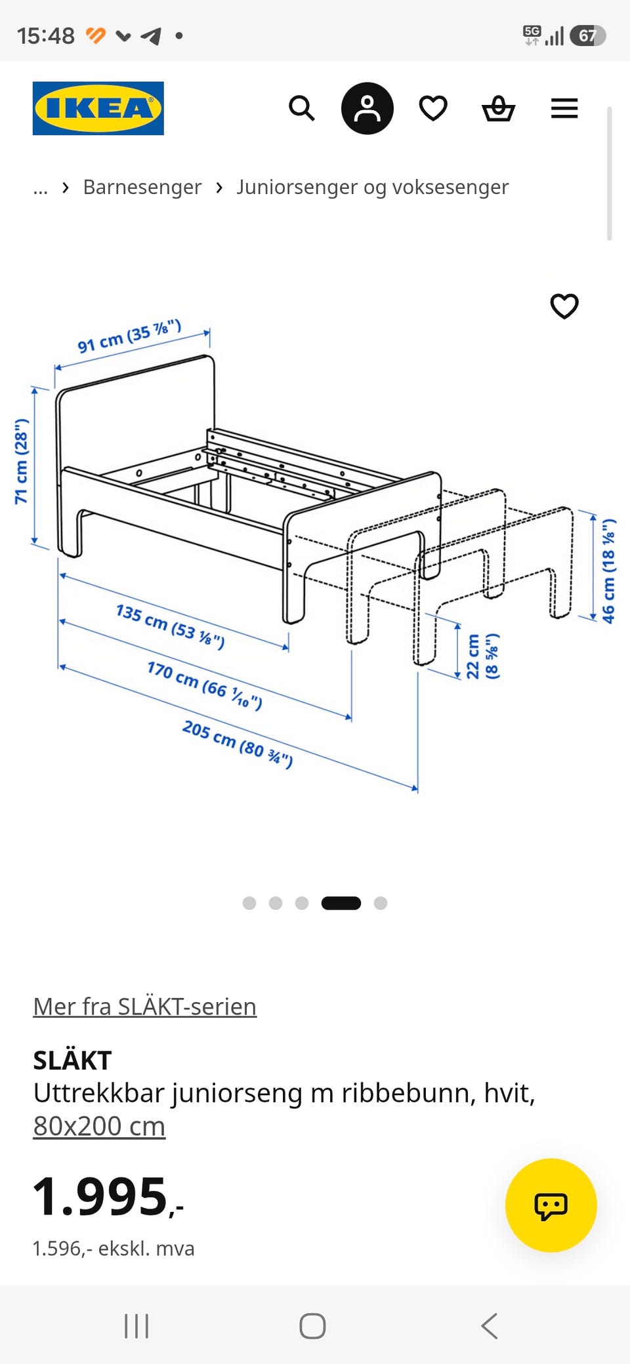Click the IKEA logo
tap(98, 108)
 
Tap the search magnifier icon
tap(302, 108)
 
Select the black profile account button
tap(367, 108)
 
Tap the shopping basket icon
tap(499, 108)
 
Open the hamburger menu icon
tap(564, 108)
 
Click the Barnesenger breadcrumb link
tap(142, 188)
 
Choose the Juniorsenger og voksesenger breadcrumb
tap(373, 188)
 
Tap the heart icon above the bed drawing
tap(564, 306)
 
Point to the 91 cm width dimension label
tap(129, 336)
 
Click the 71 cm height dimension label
tap(22, 461)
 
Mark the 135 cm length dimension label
tap(171, 626)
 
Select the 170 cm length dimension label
tap(205, 685)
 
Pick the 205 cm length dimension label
tap(238, 744)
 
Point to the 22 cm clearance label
tap(482, 656)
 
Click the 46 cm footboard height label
tap(609, 571)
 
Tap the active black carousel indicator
tap(341, 903)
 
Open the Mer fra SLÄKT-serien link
tap(145, 1007)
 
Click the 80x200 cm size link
tap(99, 1126)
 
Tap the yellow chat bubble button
tap(551, 1205)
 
